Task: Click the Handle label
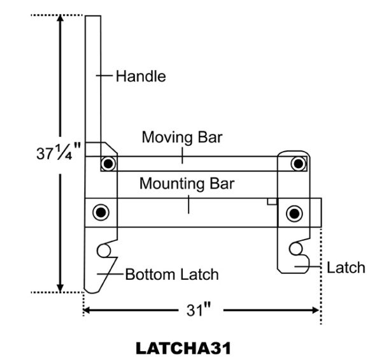coord(140,76)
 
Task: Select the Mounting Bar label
coord(187,185)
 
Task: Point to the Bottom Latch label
coord(171,275)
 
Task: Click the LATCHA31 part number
coord(183,348)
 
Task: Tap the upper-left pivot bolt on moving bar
coord(109,163)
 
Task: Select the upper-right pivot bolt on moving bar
coord(297,163)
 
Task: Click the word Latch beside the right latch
coord(346,267)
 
